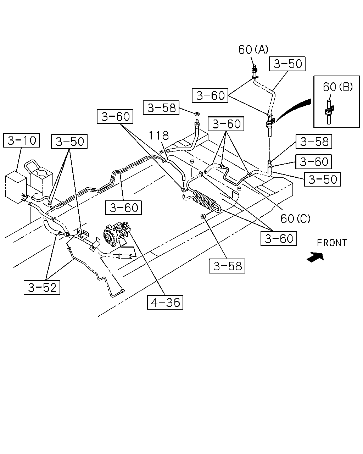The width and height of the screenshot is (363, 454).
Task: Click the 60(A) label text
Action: click(x=253, y=50)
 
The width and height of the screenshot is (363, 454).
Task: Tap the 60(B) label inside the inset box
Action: click(x=338, y=87)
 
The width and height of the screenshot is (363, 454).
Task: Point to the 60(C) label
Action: click(x=295, y=218)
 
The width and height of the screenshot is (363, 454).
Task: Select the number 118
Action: click(x=159, y=135)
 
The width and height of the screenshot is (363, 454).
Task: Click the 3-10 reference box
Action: click(x=21, y=140)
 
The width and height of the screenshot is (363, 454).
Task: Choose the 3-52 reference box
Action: click(x=42, y=287)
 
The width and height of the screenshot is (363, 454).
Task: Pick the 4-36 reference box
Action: click(x=165, y=302)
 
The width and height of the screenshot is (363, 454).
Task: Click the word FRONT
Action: click(x=332, y=243)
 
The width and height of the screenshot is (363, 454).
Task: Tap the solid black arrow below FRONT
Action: click(x=315, y=257)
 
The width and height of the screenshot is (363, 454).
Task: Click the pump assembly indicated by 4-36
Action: click(x=116, y=232)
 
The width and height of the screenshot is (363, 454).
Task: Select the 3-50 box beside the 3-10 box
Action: click(x=69, y=142)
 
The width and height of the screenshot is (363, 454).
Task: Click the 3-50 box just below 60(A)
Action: click(x=287, y=63)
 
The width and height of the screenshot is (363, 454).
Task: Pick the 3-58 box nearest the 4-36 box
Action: click(x=227, y=266)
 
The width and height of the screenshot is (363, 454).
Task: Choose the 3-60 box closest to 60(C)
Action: click(x=279, y=239)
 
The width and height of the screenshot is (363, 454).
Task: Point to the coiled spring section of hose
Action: click(x=206, y=200)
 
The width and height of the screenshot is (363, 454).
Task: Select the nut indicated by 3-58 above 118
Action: click(x=197, y=113)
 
